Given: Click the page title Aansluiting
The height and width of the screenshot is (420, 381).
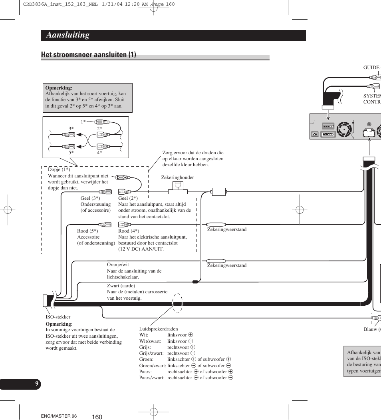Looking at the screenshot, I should tap(67, 35).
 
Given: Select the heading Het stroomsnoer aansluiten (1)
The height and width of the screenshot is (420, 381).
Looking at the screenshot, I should tap(88, 55).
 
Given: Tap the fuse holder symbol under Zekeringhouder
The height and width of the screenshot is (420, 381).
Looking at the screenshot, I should tap(178, 188).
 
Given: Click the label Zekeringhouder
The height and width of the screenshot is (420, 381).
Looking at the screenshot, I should tap(177, 177).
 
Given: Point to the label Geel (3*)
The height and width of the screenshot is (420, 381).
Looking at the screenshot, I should tap(90, 198).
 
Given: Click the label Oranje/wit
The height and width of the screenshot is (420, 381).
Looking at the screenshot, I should tap(118, 265).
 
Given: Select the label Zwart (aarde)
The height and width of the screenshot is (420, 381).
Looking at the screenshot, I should tap(121, 286).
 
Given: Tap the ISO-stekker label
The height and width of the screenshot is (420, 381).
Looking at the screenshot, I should tap(58, 317).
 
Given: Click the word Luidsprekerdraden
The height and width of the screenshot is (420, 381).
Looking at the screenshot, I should tap(159, 329).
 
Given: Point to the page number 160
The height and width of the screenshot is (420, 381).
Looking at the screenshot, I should tap(97, 417).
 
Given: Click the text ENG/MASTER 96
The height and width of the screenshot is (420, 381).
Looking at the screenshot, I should tap(59, 416).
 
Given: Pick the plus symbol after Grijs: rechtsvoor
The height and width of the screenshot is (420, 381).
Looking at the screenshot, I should tap(193, 347).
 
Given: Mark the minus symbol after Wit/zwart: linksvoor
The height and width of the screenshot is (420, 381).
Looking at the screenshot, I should tap(190, 341).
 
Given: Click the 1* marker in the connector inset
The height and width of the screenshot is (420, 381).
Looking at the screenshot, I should tap(83, 121).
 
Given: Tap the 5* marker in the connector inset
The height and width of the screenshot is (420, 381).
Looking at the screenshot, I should tap(71, 153).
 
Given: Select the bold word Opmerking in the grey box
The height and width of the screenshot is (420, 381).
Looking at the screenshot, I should tap(59, 88).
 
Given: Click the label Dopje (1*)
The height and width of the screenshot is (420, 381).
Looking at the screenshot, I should tap(59, 169).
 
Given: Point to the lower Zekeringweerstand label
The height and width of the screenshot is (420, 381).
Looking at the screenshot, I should tap(226, 265).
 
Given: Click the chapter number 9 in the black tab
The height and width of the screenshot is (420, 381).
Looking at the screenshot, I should tap(37, 384).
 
